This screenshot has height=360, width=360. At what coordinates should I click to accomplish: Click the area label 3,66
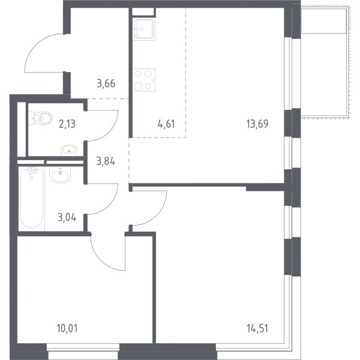coord(106,83)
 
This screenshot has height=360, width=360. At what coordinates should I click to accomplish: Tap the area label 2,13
coord(67,124)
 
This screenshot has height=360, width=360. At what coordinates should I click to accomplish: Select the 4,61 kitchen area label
coord(166,124)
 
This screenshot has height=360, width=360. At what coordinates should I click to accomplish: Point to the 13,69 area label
coord(257,124)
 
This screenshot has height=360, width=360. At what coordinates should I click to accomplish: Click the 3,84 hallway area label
coord(106,161)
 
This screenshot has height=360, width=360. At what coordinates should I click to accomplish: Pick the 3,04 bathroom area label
coord(67,217)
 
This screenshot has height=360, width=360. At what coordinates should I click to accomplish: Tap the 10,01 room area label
coord(67,328)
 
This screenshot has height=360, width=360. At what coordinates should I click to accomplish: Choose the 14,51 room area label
coord(257,328)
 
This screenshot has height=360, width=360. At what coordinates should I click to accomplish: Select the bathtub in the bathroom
coord(31,198)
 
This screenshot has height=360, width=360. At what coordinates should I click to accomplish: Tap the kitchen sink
coord(144,29)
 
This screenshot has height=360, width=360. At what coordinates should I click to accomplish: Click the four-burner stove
coord(144,80)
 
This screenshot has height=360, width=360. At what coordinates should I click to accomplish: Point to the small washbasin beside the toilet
coord(69,151)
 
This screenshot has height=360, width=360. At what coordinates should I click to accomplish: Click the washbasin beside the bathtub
coord(60,175)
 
